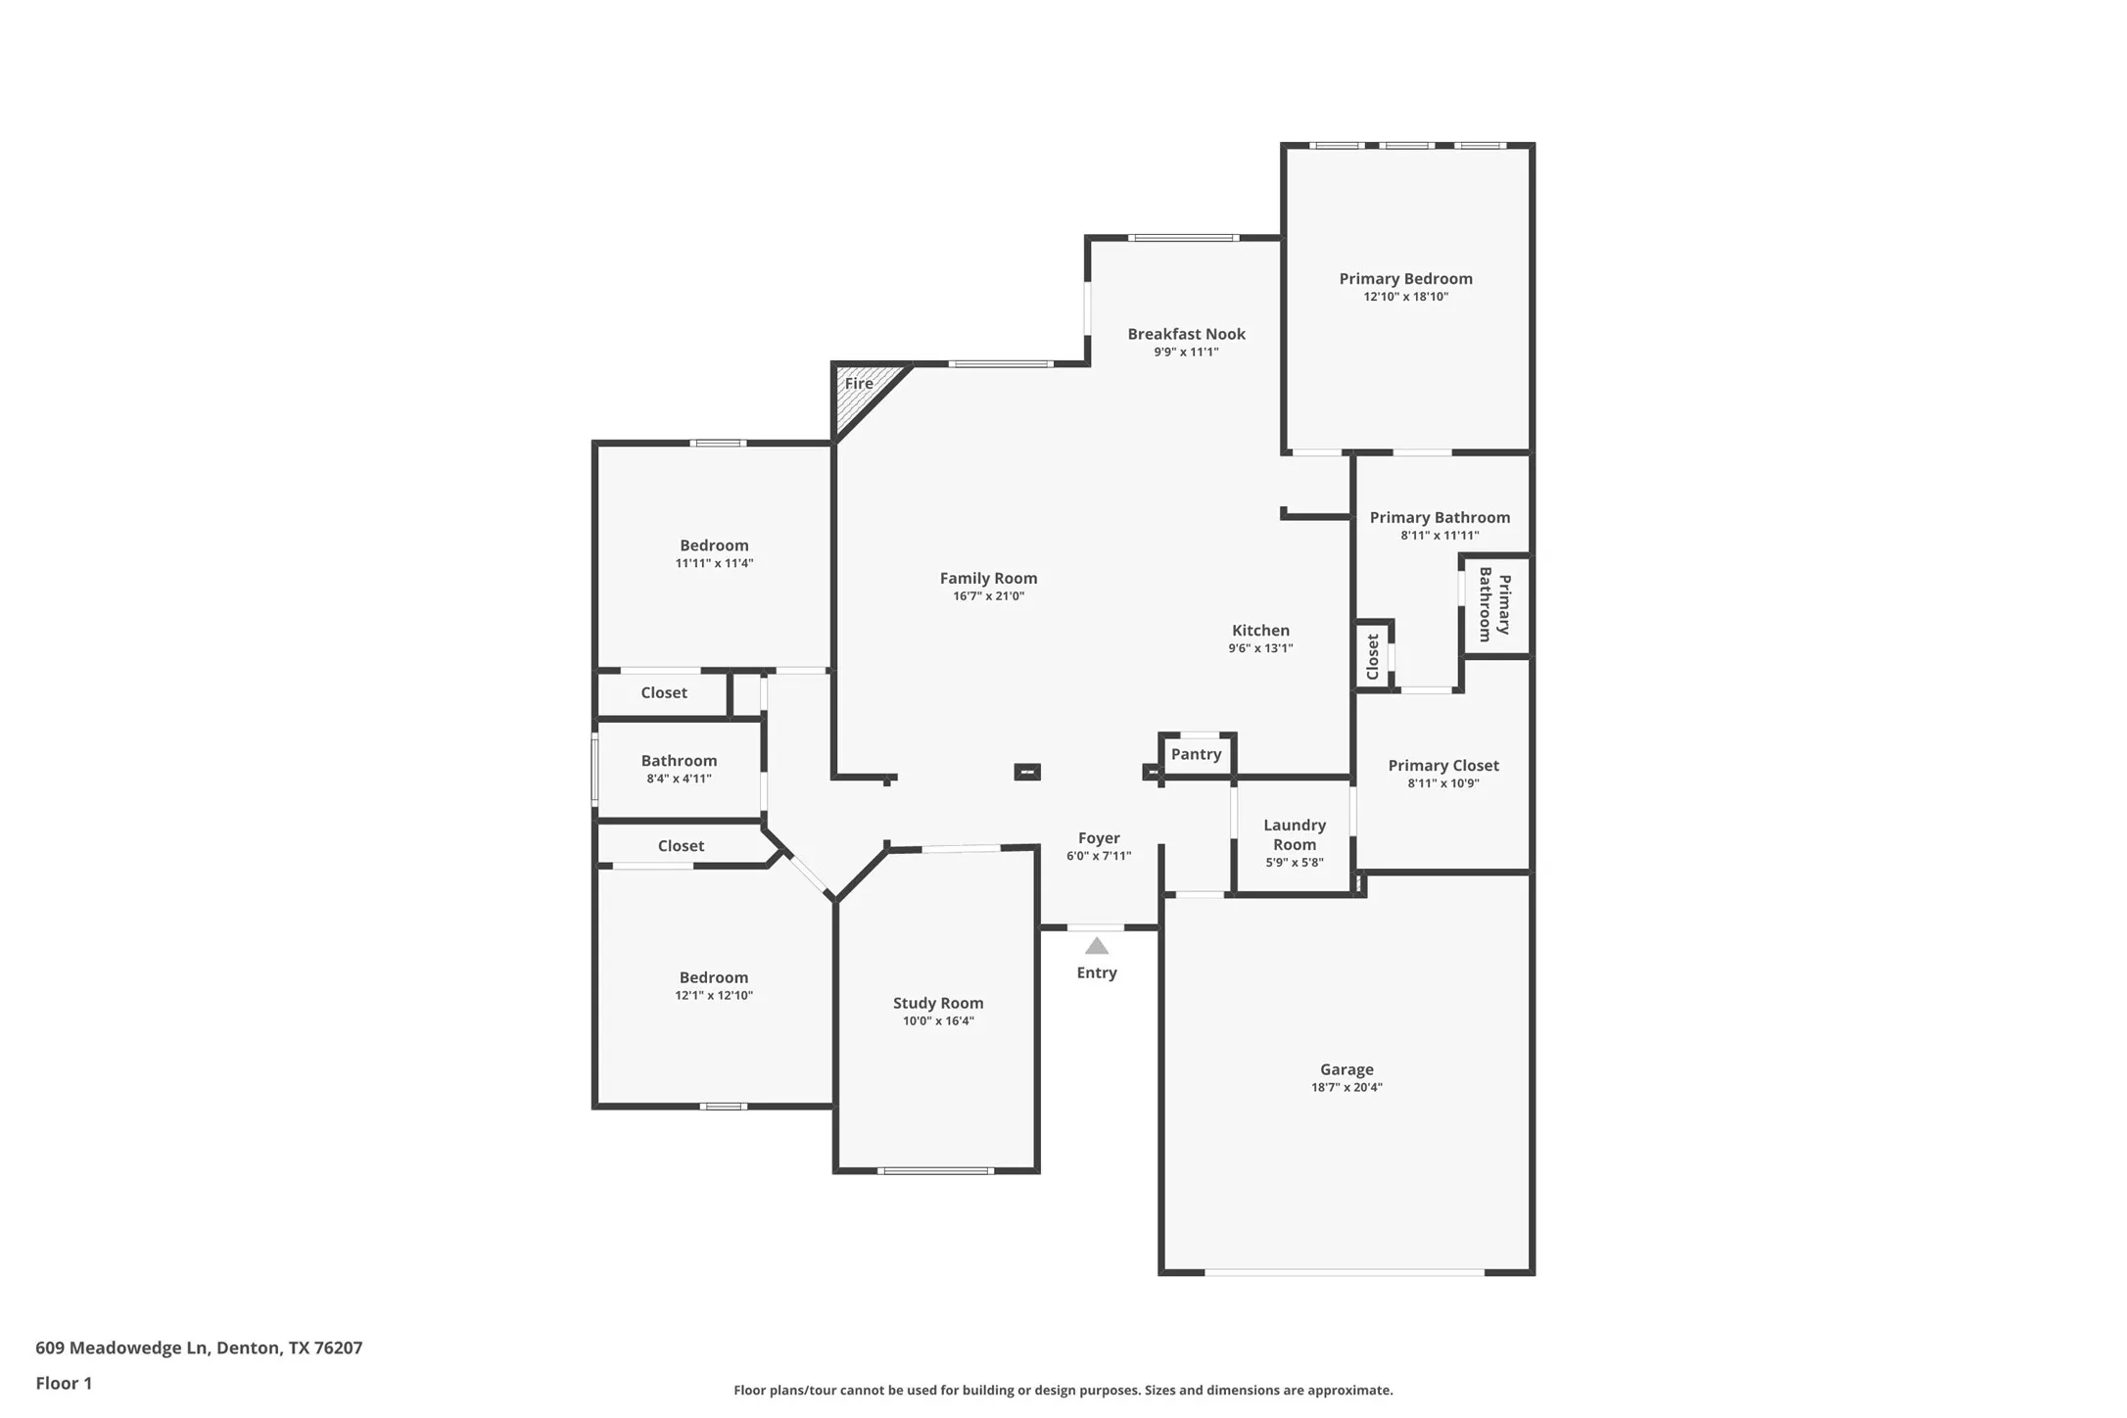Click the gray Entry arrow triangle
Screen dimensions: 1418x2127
(x=1096, y=946)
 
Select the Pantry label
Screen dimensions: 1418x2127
(x=1196, y=754)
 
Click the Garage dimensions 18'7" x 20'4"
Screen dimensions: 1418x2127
(x=1347, y=1087)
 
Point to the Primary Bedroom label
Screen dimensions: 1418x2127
(x=1405, y=279)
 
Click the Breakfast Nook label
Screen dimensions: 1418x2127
(x=1186, y=334)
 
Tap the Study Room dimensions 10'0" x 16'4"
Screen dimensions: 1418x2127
(x=937, y=1020)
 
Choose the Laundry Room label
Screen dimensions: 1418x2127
(x=1294, y=834)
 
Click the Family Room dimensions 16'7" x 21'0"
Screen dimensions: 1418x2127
(x=988, y=595)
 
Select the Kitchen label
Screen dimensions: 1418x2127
(x=1260, y=631)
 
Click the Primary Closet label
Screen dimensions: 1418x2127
(x=1442, y=766)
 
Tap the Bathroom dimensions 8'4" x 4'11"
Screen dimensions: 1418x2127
(x=679, y=779)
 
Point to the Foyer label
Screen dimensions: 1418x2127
(x=1099, y=838)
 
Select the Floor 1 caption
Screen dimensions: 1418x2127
(x=64, y=1383)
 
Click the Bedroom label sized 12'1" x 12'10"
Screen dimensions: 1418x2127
(x=713, y=977)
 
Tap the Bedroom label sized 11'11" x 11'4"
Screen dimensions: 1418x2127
(x=714, y=545)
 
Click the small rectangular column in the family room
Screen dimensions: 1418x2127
(x=1026, y=772)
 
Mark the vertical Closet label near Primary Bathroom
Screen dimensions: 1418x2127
(x=1372, y=656)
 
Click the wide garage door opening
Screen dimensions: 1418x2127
(x=1345, y=1271)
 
